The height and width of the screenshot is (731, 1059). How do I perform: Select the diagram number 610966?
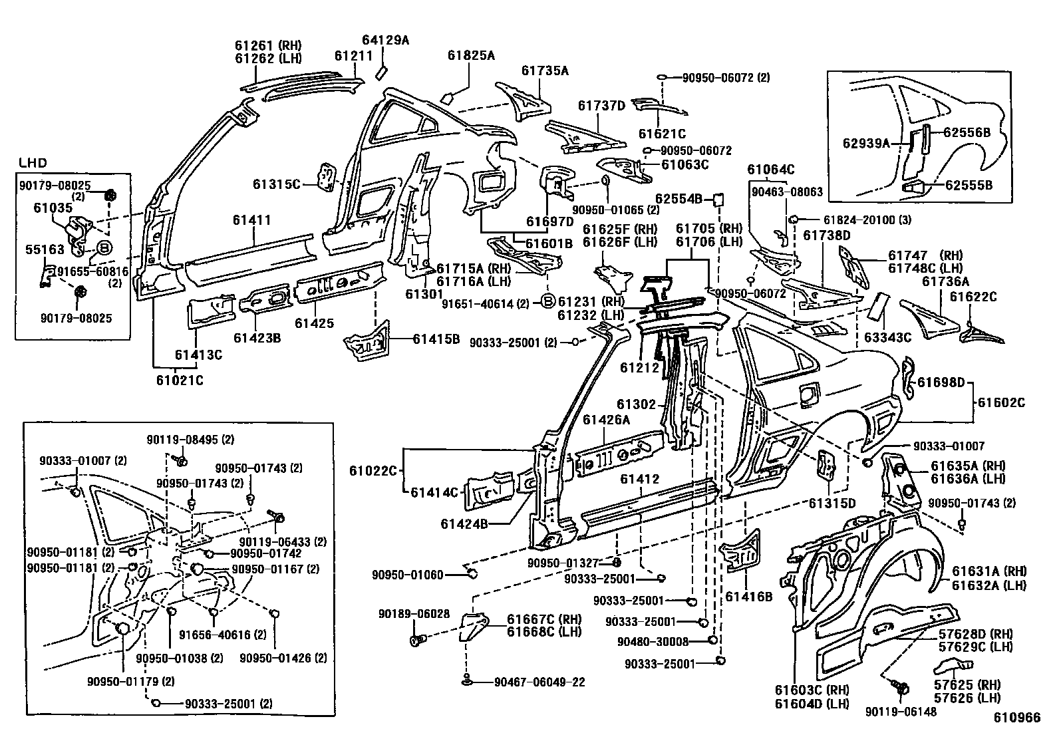point(1016,717)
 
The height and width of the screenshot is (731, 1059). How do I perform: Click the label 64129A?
point(385,41)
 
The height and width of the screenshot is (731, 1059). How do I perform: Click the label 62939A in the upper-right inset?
point(866,142)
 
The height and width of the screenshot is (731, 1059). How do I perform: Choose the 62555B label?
point(969,186)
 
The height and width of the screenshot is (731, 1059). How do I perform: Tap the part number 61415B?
point(436,339)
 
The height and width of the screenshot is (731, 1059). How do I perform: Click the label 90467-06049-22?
point(539,682)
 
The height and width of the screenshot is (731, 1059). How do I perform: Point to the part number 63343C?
point(887,337)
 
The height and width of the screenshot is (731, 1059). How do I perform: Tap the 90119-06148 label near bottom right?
point(901,712)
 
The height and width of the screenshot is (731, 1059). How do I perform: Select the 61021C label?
point(180,380)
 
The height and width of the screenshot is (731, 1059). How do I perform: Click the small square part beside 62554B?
point(718,198)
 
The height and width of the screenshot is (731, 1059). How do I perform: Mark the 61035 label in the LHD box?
point(53,208)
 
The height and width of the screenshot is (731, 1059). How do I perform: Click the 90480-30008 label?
point(653,641)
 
